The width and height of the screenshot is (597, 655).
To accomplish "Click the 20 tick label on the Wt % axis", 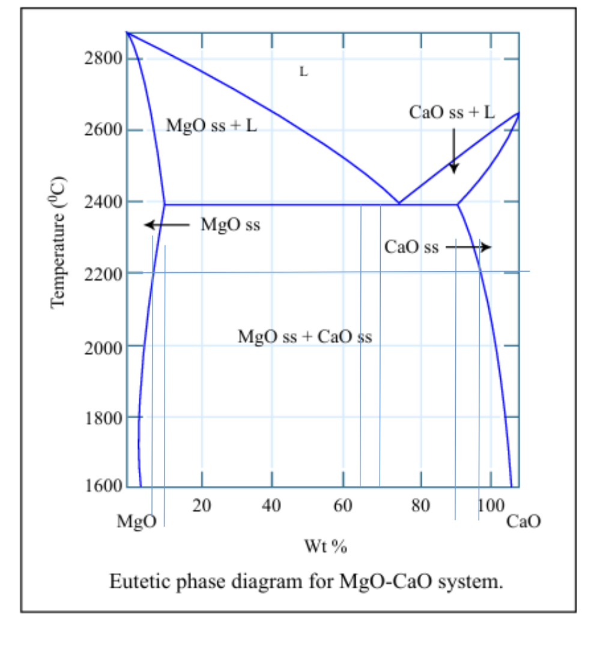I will pos(202,506).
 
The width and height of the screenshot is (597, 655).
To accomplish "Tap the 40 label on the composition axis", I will pos(272,506).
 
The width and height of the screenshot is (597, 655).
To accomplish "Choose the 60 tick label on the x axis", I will pos(343,506).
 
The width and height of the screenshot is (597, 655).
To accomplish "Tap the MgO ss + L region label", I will pos(211,126).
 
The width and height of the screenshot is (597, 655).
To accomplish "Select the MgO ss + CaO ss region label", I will pos(305,336).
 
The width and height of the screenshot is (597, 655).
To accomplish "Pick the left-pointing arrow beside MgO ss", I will pos(168,225).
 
